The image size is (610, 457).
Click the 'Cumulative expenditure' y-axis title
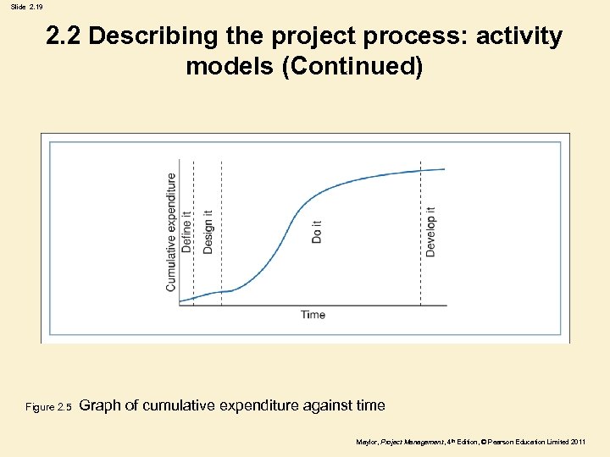pyautogui.click(x=171, y=233)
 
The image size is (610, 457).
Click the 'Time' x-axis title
pyautogui.click(x=313, y=315)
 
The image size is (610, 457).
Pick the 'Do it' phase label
pyautogui.click(x=317, y=232)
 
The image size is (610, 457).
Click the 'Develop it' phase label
pyautogui.click(x=430, y=232)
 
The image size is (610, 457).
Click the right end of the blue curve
pyautogui.click(x=444, y=169)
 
